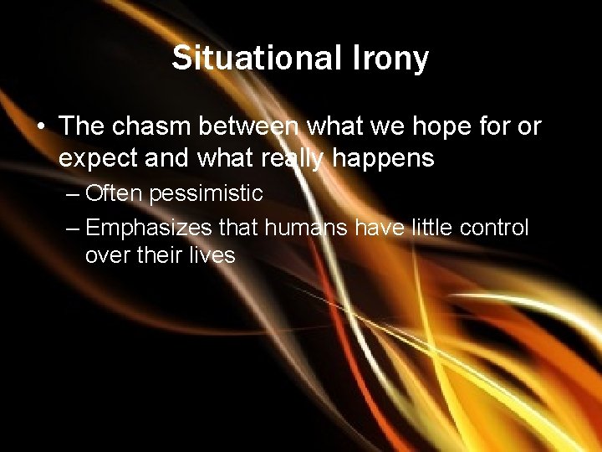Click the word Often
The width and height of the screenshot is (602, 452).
(x=114, y=193)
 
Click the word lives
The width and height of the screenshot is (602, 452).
(x=212, y=254)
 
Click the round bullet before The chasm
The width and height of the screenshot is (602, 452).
(x=40, y=127)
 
